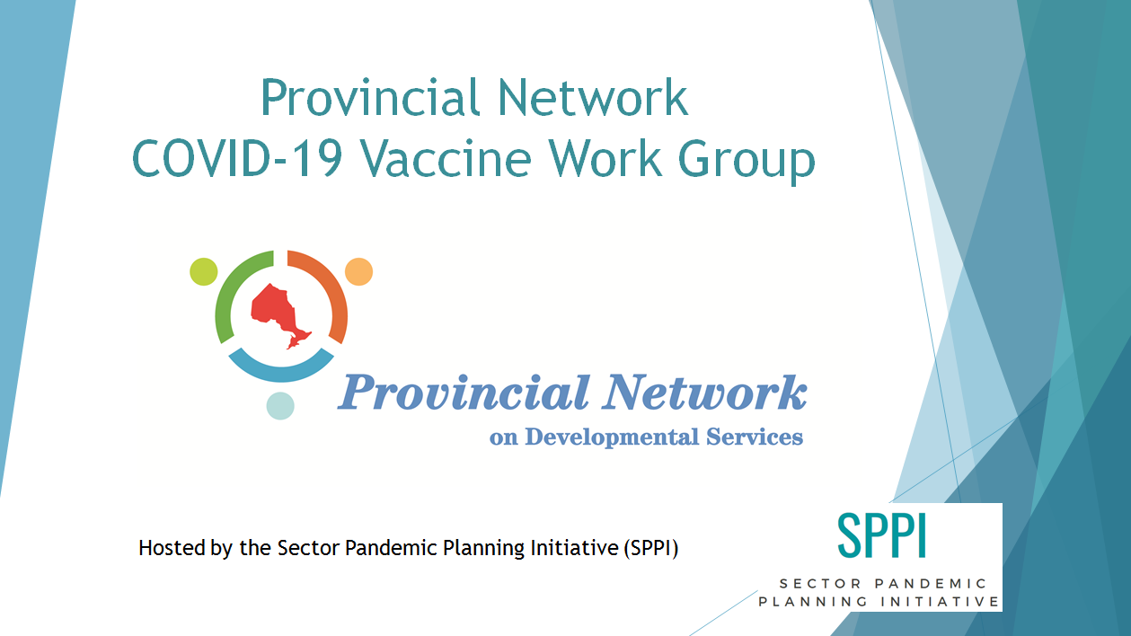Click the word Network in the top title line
pos(593,97)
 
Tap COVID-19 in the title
pos(237,158)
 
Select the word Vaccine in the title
pos(446,158)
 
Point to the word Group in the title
pos(747,162)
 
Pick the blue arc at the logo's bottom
pos(281,370)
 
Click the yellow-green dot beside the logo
pos(204,271)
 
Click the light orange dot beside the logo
pos(359,271)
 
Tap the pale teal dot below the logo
pos(280,406)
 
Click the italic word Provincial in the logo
pos(464,393)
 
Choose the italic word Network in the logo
pos(705,393)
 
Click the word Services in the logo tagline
pos(755,437)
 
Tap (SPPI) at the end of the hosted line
pos(651,548)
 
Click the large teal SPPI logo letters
pos(881,535)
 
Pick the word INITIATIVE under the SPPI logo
pos(941,602)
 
